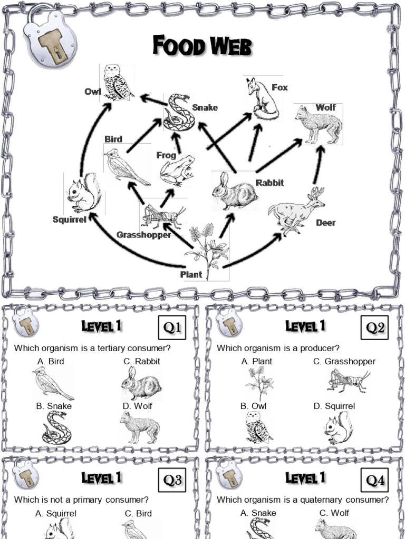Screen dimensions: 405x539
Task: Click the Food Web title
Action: tap(202, 46)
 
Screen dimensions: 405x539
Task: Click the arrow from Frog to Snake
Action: tap(178, 143)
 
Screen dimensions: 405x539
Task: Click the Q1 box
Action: tap(172, 327)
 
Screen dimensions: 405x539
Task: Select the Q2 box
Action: tap(375, 327)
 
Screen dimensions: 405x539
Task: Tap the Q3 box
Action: tap(172, 480)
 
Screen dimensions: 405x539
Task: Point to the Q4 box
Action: tap(375, 480)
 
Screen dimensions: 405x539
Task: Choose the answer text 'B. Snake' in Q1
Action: tap(54, 406)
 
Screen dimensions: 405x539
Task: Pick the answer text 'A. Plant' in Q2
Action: tap(257, 361)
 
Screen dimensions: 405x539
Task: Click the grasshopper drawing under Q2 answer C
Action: tap(349, 381)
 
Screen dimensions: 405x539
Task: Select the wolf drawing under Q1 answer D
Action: tap(140, 427)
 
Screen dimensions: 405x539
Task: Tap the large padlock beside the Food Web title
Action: tap(50, 37)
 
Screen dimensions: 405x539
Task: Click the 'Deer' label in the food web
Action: tap(325, 223)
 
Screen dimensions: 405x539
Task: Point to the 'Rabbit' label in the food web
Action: tap(270, 183)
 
